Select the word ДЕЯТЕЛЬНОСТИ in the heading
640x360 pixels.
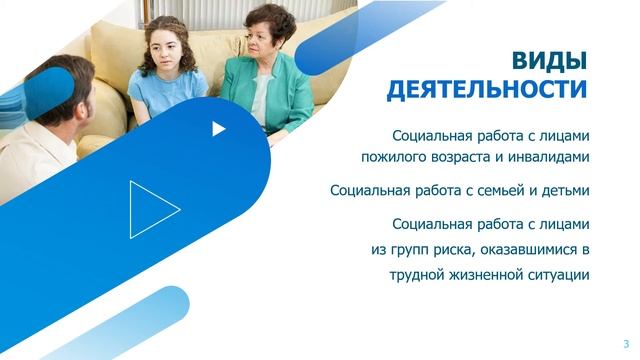point(486,90)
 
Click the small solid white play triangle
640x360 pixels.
point(219,128)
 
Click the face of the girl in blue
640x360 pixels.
point(167,49)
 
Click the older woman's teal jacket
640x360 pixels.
point(255,95)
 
